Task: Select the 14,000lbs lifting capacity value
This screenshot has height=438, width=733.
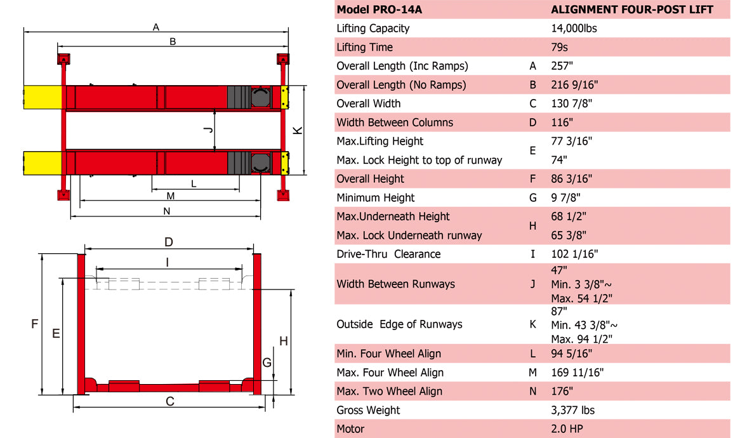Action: (x=574, y=29)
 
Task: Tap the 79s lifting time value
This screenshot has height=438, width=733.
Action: (x=560, y=47)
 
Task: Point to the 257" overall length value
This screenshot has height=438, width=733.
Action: (x=562, y=66)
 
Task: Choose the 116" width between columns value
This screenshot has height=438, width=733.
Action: (x=562, y=123)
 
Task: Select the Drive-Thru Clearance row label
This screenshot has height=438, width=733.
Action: (x=388, y=254)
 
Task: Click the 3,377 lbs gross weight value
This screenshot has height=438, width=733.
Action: (x=572, y=410)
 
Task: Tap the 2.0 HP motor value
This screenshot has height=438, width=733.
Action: (x=567, y=429)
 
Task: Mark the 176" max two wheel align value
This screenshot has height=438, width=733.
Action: (x=562, y=391)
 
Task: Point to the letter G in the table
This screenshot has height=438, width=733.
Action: (x=532, y=197)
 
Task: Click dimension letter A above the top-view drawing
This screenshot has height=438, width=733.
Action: (x=155, y=27)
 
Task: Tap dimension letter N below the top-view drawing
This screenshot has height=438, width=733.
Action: (x=166, y=211)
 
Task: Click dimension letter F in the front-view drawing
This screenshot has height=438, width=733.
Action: (x=34, y=324)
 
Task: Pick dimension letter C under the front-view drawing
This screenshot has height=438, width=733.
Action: (x=169, y=401)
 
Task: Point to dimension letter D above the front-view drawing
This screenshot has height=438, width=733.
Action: (x=169, y=242)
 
